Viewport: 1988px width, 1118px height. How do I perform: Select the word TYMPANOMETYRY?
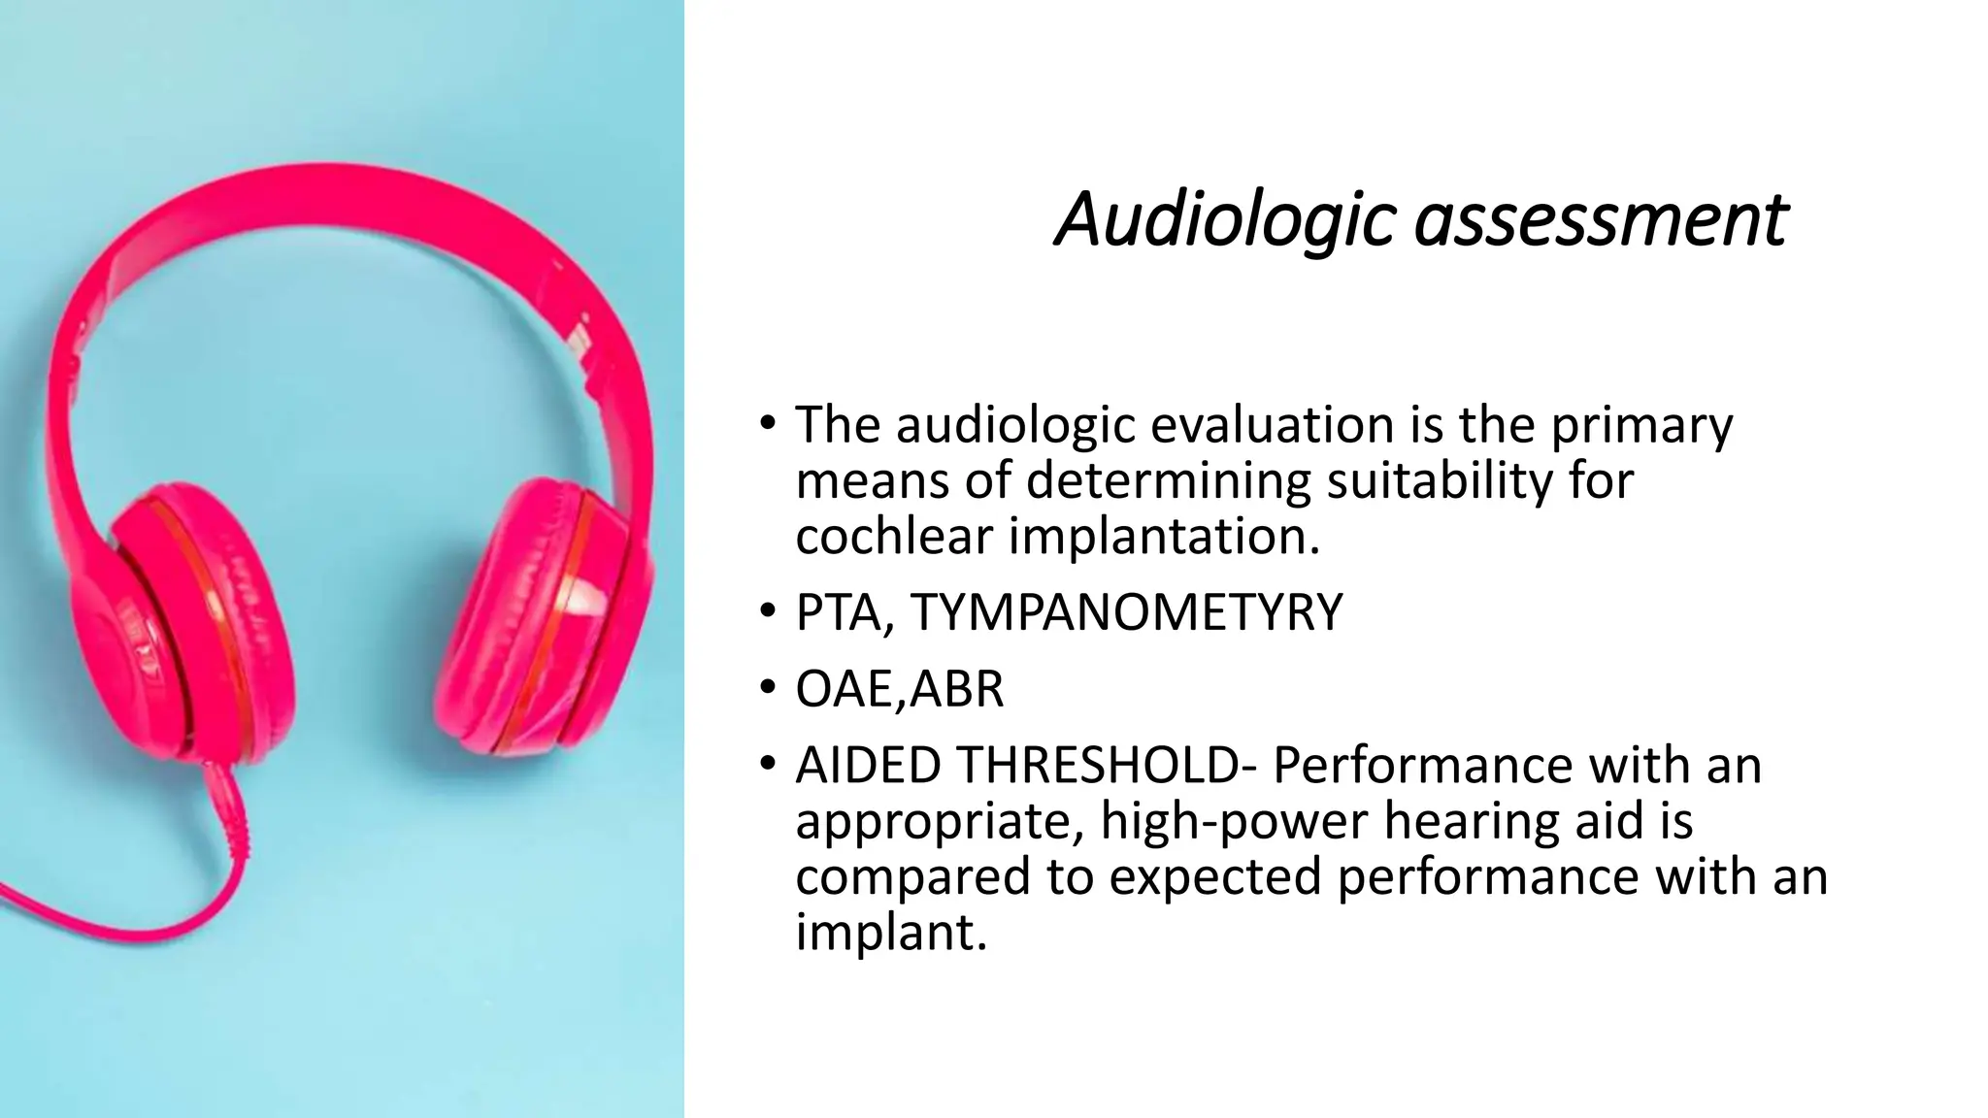(x=1126, y=612)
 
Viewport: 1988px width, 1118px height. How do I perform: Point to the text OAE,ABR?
(x=899, y=689)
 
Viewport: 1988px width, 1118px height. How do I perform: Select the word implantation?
(x=1164, y=537)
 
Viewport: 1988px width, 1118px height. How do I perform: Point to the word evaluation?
(x=1273, y=425)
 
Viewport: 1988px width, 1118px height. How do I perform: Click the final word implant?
(x=889, y=933)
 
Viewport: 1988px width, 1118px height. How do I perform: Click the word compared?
(x=913, y=877)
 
